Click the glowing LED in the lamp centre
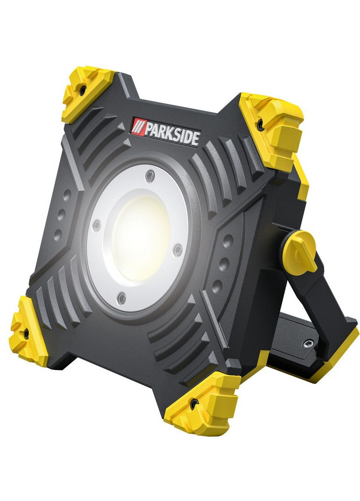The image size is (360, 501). pyautogui.click(x=141, y=239)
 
